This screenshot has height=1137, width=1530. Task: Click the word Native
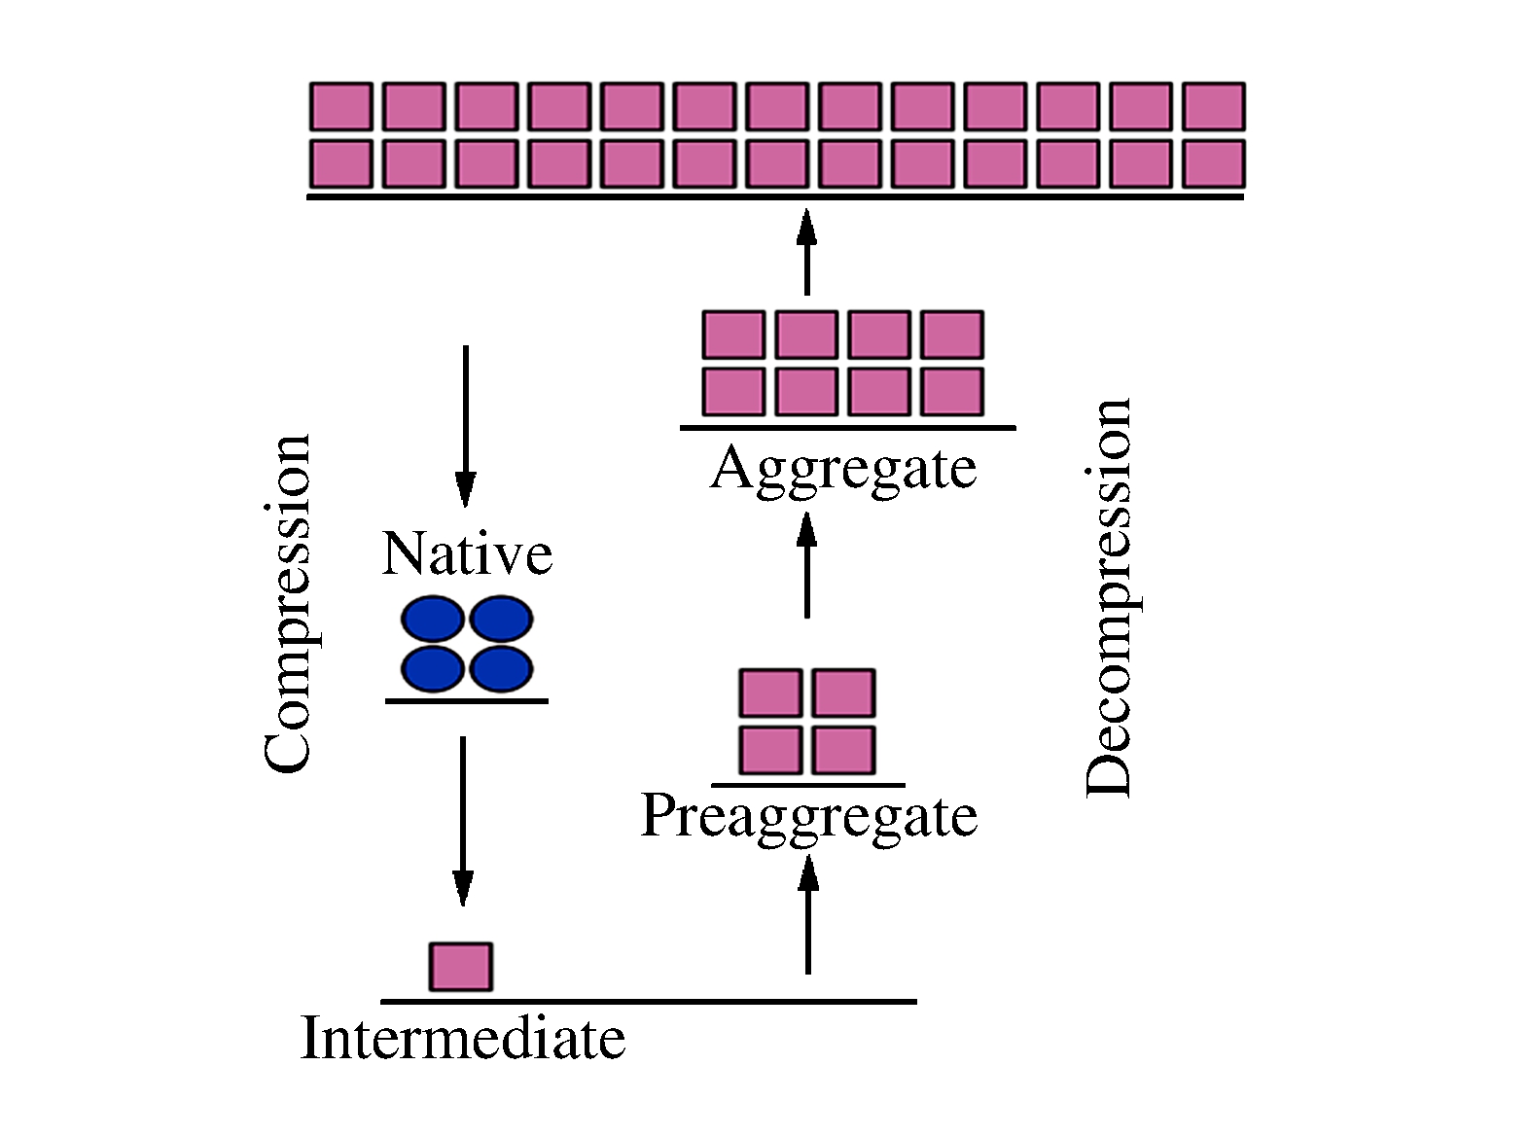point(467,554)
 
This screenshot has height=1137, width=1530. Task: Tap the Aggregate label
point(843,469)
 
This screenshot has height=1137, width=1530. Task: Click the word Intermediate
point(463,1038)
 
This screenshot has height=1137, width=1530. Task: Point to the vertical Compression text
point(288,603)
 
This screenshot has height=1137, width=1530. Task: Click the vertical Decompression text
point(1109,598)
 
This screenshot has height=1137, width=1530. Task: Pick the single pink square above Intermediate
point(461,967)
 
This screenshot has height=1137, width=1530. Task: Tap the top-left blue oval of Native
point(432,620)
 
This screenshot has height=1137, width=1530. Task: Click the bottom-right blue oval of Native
point(501,669)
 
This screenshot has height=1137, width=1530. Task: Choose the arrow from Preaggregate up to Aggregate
point(806,564)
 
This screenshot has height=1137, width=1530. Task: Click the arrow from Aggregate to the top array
point(805,251)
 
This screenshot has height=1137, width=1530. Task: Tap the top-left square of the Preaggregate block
point(770,693)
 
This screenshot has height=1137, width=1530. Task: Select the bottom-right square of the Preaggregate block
point(843,751)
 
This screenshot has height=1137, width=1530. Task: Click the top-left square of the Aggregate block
point(733,335)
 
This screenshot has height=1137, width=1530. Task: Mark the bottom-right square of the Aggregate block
point(952,391)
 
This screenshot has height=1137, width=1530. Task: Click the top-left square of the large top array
point(340,106)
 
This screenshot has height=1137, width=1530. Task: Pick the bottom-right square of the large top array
point(1214,163)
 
